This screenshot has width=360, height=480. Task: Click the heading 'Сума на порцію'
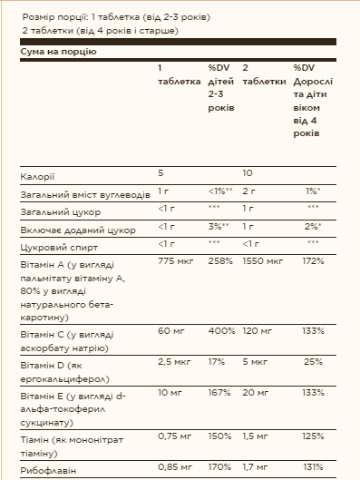[58, 52]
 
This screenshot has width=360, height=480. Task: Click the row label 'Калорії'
[36, 173]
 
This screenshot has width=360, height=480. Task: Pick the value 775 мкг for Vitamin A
[176, 261]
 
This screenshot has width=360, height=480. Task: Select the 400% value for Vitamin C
[221, 331]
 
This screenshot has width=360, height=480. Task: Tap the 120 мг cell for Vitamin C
[259, 331]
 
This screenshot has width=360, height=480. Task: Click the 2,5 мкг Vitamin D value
[176, 363]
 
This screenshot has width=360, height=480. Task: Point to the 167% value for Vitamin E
[219, 395]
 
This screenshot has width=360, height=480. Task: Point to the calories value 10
[248, 173]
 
